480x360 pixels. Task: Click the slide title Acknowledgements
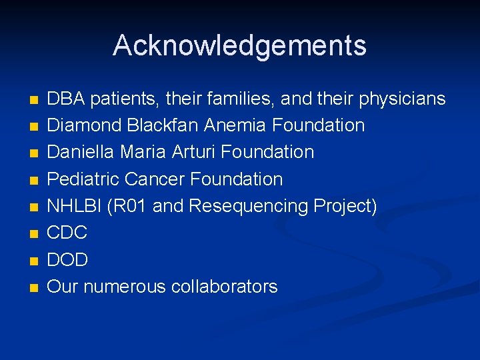click(x=239, y=45)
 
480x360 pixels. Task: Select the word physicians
click(x=402, y=99)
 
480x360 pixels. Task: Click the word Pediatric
click(x=83, y=179)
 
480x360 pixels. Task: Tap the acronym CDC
click(x=67, y=233)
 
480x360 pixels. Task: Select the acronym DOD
click(x=68, y=259)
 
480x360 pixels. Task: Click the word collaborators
click(x=225, y=287)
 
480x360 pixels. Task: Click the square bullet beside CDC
click(x=34, y=234)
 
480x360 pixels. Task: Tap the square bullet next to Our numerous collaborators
click(x=34, y=288)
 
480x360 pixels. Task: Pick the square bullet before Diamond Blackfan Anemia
click(x=34, y=127)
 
